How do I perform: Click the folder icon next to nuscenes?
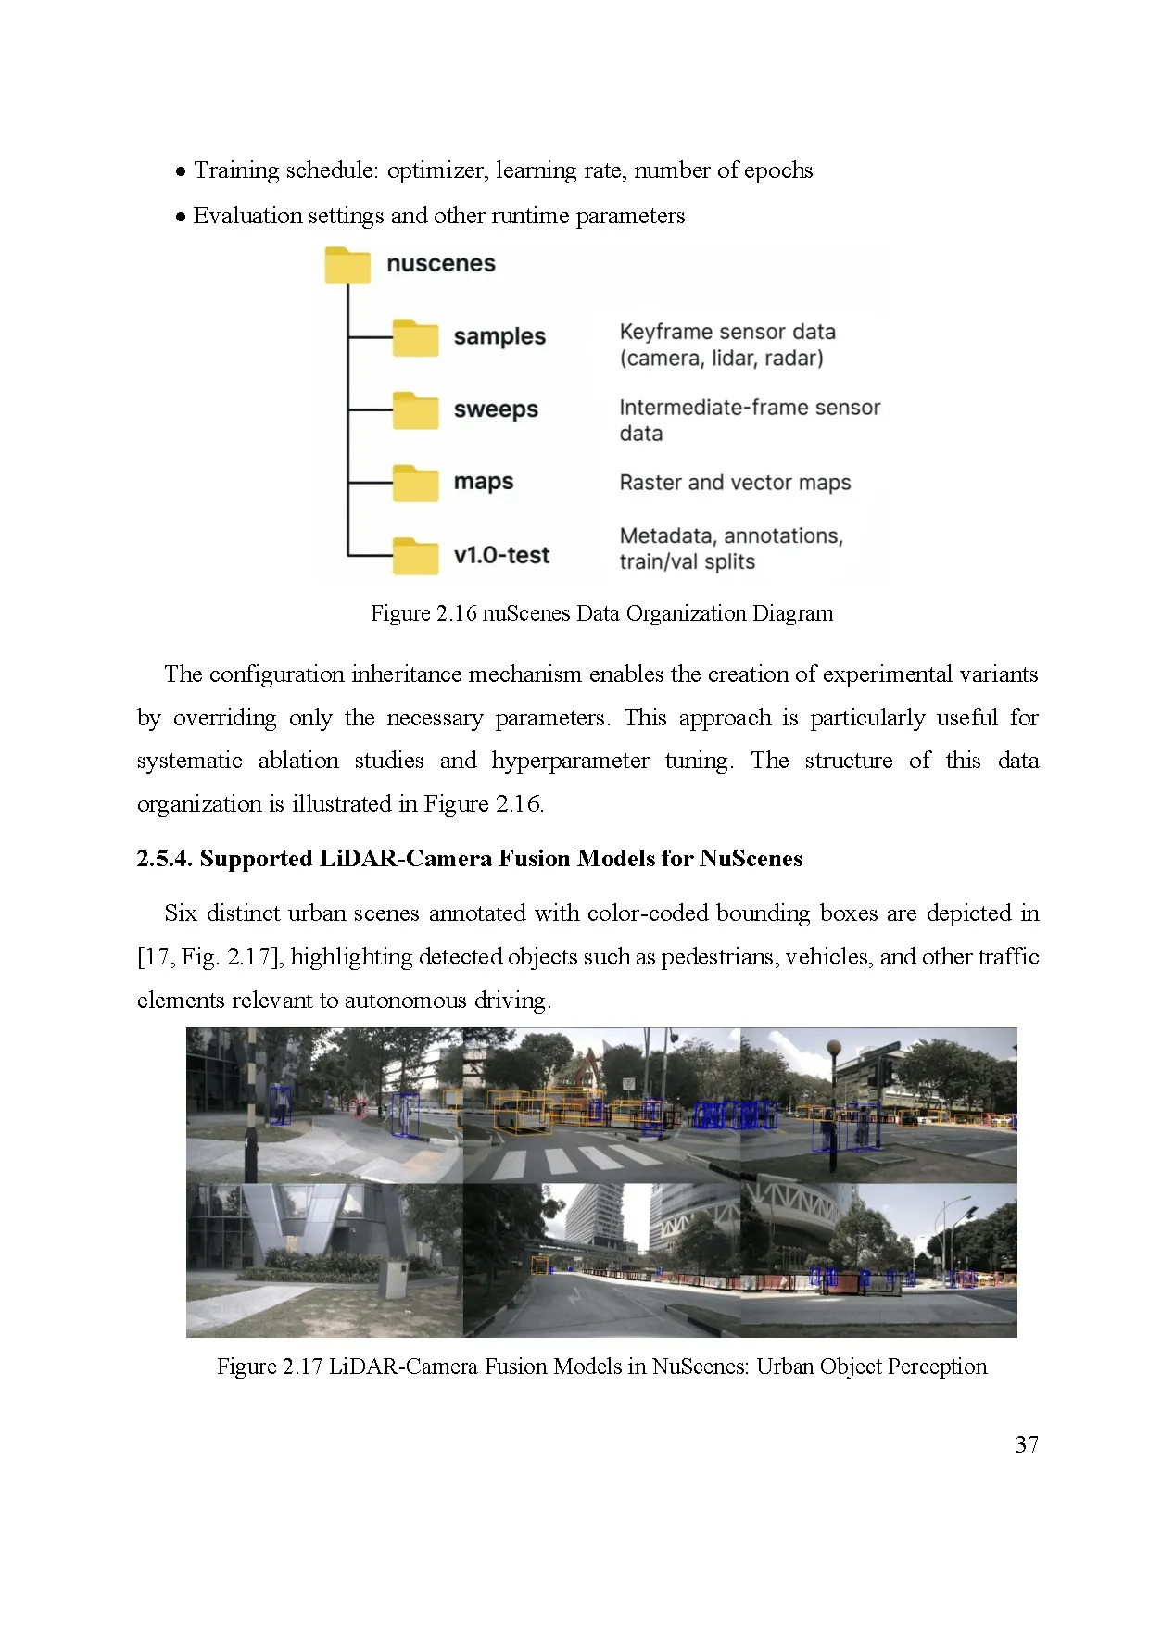347,265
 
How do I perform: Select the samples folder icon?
414,338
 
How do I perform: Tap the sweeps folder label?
495,409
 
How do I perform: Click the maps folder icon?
414,483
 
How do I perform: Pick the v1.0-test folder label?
501,555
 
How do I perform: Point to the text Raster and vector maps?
734,483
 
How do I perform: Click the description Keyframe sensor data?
726,332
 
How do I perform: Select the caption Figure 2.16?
601,613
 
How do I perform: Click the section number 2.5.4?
164,859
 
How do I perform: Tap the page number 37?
1026,1444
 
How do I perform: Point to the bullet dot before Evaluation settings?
181,217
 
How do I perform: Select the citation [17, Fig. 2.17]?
209,957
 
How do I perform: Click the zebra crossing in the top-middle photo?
574,1161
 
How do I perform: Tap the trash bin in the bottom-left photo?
393,1279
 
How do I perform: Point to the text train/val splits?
687,561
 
